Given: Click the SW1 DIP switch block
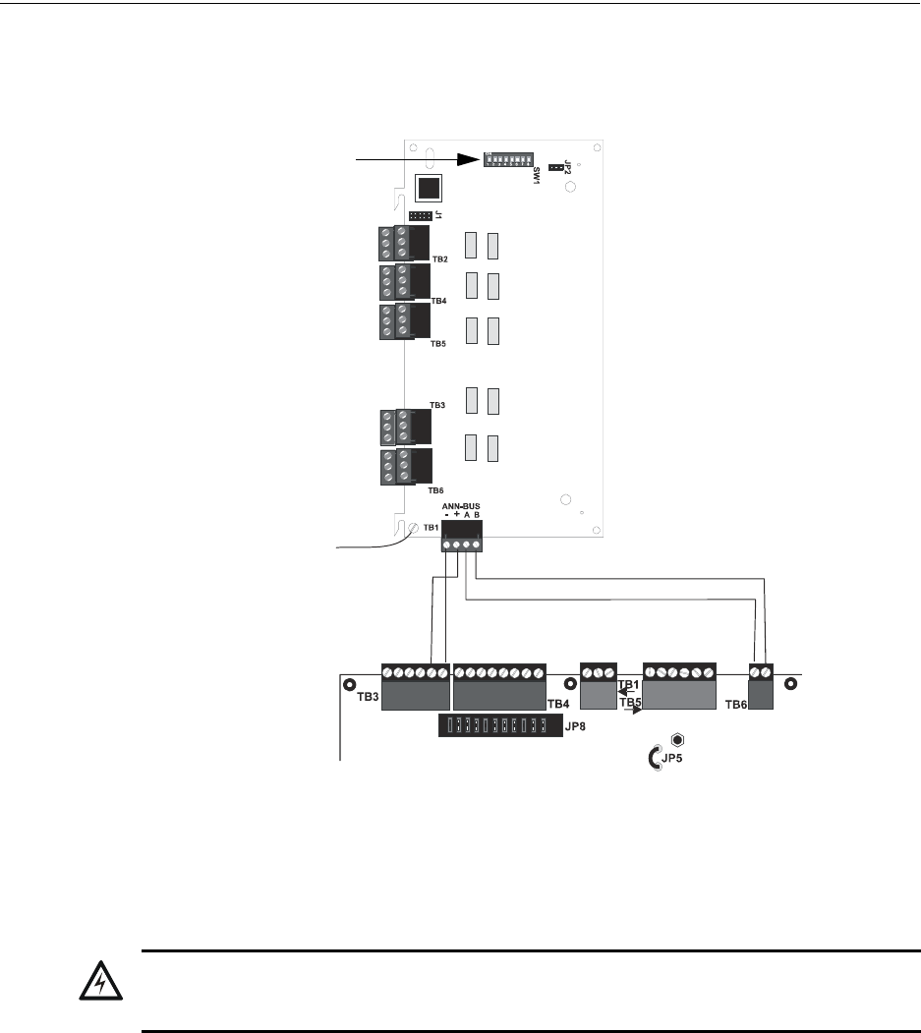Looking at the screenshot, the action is (510, 159).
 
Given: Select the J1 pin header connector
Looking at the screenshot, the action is (420, 215).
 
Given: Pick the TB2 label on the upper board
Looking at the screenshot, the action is (439, 258).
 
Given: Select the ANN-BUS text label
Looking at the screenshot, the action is (461, 505).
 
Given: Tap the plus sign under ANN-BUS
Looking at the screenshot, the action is (457, 514).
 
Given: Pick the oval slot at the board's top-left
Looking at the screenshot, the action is (429, 159).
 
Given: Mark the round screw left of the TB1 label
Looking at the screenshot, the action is (413, 529).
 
